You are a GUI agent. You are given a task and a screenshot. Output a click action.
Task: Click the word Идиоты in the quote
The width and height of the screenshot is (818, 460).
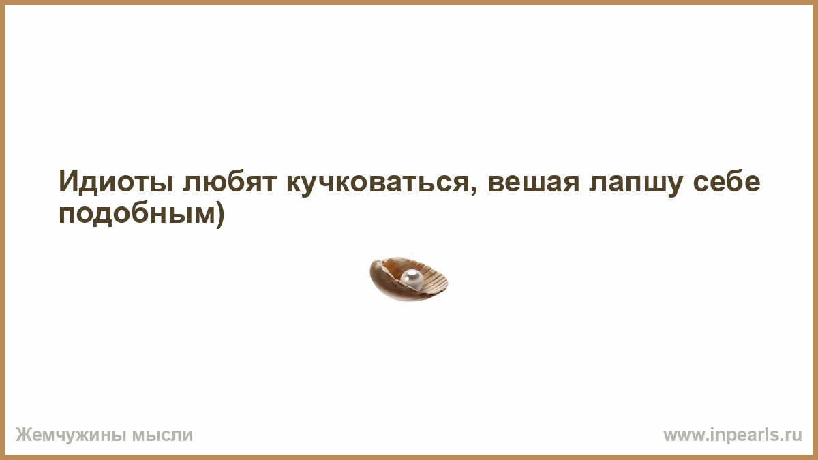tap(116, 181)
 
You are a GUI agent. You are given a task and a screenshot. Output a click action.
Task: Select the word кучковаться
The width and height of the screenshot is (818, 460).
tap(377, 182)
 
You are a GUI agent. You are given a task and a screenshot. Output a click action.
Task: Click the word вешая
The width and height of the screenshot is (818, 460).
tap(534, 182)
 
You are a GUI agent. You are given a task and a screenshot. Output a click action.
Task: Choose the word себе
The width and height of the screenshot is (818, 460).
tap(727, 181)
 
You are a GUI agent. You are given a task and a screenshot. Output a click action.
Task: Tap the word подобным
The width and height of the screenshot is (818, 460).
tap(137, 213)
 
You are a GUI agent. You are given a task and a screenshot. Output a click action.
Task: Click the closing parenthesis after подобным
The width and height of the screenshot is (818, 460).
tap(220, 214)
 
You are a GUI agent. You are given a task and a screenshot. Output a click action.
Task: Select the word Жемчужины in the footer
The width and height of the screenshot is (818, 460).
tap(71, 435)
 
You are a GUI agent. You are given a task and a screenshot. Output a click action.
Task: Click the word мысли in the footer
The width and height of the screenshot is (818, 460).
tap(162, 435)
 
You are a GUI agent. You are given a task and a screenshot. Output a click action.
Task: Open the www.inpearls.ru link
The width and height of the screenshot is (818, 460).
tap(733, 435)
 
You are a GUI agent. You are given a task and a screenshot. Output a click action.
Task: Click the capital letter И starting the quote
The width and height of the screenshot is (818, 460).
tap(68, 181)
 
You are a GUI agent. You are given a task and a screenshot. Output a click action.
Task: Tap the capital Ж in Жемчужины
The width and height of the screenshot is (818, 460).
tap(24, 435)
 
